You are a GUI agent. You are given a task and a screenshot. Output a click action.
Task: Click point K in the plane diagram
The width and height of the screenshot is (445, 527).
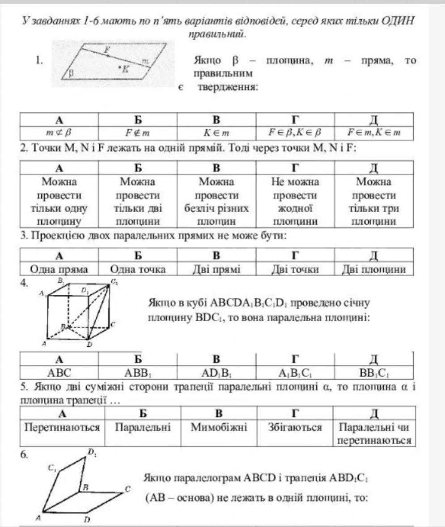pos(120,68)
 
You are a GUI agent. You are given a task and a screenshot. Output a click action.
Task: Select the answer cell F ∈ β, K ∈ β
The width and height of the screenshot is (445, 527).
pos(295,133)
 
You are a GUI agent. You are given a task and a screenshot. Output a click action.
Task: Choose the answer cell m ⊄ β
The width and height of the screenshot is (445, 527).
pos(59,133)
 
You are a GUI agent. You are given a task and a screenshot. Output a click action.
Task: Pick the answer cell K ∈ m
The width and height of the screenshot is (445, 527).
pos(216,133)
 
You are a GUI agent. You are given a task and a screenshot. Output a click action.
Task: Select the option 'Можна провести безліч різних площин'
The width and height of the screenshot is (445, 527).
pos(216,201)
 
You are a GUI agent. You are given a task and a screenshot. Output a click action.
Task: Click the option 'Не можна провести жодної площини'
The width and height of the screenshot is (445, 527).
pos(295,201)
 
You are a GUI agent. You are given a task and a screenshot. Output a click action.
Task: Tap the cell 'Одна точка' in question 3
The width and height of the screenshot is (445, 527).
pos(138,269)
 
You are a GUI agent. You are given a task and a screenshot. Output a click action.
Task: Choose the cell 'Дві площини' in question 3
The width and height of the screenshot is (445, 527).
pos(374,269)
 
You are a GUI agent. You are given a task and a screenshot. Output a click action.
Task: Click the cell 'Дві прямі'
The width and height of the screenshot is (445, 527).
pos(216,269)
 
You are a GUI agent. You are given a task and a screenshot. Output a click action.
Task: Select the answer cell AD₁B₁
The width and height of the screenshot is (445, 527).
pos(216,371)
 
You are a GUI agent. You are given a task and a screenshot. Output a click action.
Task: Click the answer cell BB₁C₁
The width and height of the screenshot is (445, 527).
pos(374,371)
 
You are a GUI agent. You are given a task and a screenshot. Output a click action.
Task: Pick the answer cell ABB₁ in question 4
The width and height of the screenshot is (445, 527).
pos(138,371)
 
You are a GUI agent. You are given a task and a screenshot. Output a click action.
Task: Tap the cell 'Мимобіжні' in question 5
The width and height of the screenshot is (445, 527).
pos(216,428)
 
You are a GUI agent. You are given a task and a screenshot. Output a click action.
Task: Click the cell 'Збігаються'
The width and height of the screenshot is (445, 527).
pos(295,428)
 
